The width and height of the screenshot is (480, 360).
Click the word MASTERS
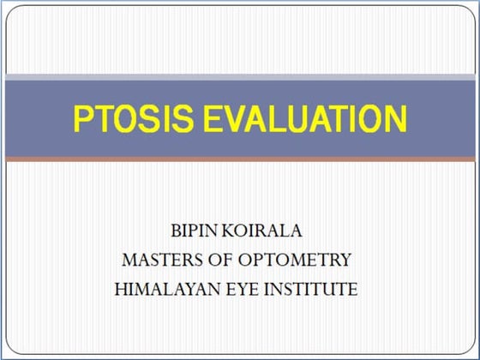(160, 260)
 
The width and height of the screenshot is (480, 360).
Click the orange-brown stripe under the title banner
(240, 159)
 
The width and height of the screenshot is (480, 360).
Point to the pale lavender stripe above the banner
(240, 78)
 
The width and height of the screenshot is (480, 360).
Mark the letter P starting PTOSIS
(82, 119)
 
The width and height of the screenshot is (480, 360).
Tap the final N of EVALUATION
(395, 119)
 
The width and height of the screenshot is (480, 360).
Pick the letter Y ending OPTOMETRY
(345, 260)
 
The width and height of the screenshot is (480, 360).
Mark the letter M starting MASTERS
(130, 260)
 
